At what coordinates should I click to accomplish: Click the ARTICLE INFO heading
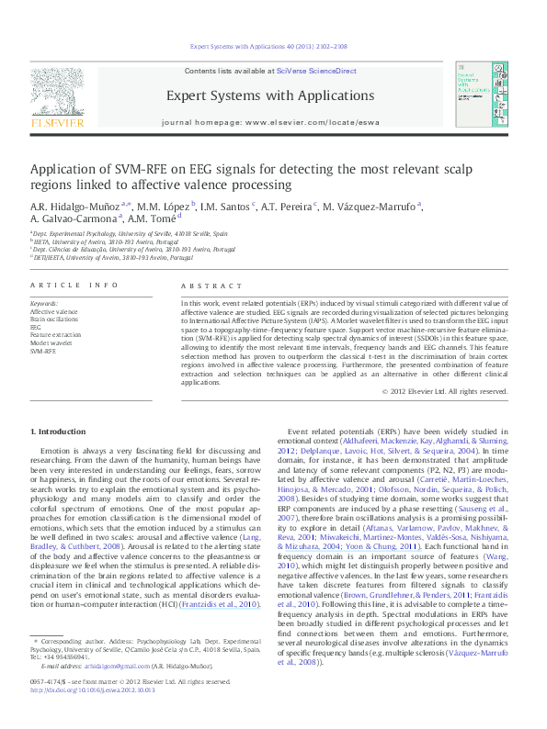pyautogui.click(x=74, y=286)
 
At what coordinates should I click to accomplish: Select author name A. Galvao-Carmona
pyautogui.click(x=79, y=219)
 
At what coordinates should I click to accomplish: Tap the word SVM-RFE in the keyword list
pyautogui.click(x=42, y=352)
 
